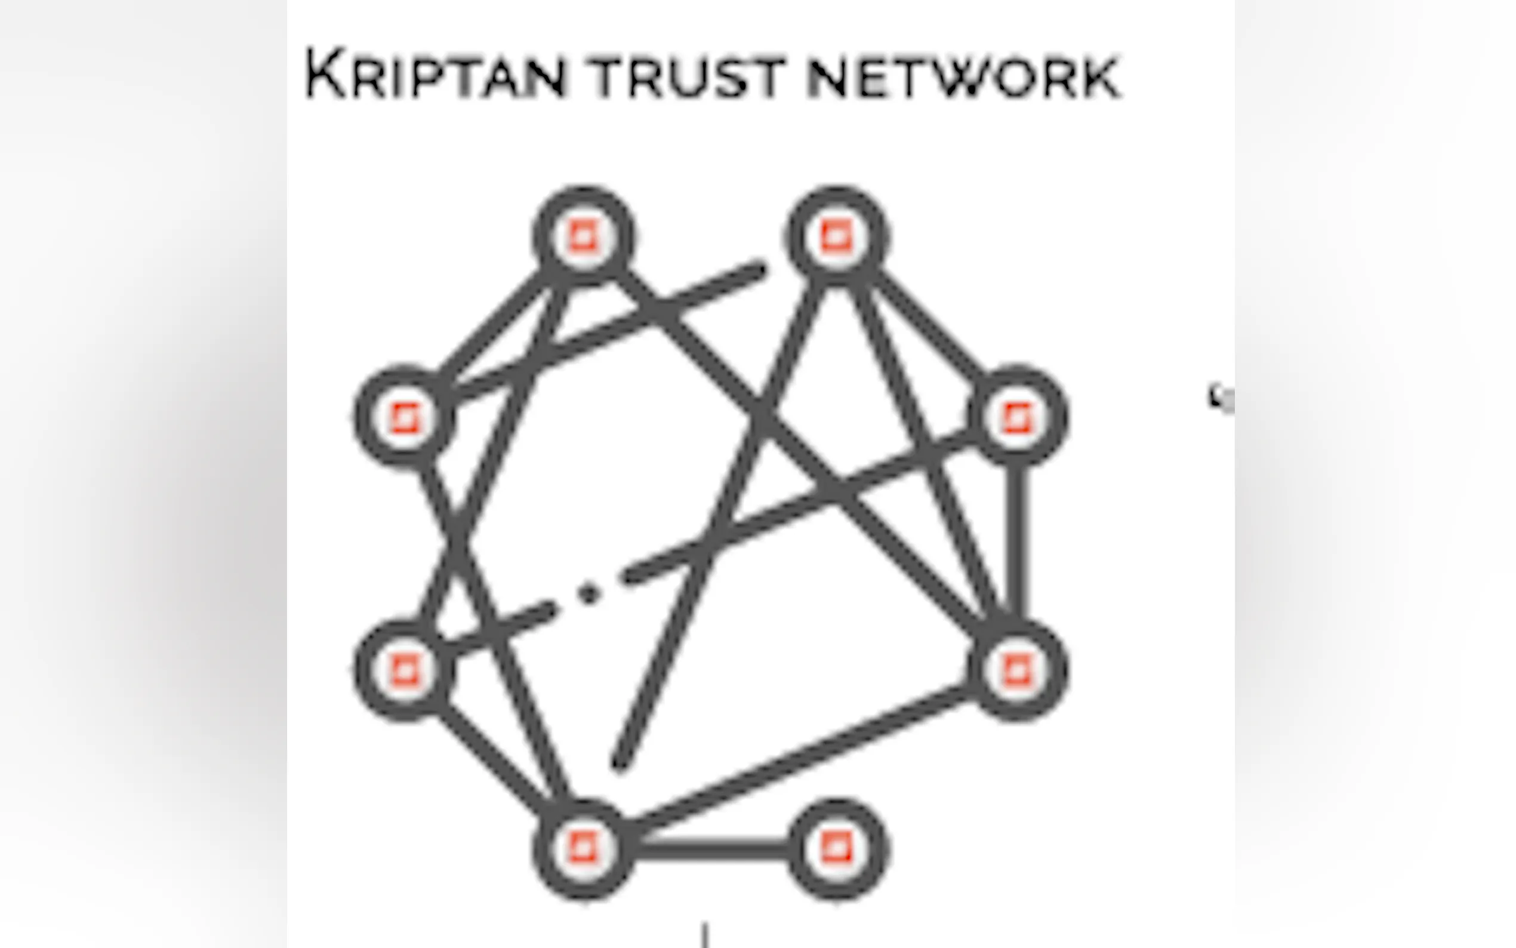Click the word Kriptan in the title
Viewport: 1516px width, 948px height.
(436, 75)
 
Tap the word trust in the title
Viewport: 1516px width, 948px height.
(688, 76)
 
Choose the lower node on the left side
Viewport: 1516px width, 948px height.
(404, 670)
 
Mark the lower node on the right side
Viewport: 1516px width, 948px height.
(1017, 670)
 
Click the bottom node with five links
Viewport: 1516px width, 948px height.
(584, 849)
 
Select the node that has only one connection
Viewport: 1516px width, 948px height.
(837, 849)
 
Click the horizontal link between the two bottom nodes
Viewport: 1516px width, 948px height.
(710, 849)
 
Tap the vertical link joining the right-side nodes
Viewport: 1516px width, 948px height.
(1018, 542)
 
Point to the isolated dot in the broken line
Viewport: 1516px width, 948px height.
(588, 592)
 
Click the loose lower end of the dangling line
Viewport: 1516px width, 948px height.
(620, 764)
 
